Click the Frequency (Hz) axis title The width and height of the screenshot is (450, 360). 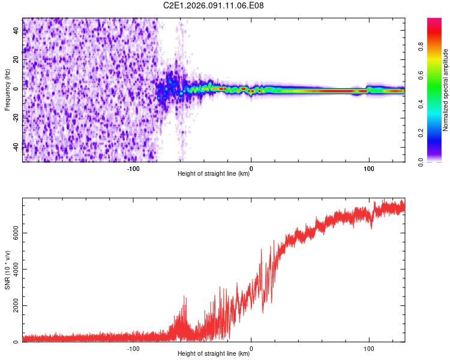click(x=7, y=90)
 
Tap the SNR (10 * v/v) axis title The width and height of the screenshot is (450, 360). click(x=7, y=270)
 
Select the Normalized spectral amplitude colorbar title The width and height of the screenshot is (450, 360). click(x=445, y=90)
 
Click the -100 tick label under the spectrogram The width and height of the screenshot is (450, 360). click(x=133, y=169)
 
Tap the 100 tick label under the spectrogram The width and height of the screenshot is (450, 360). click(x=368, y=169)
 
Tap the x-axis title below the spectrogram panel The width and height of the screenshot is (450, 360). click(x=214, y=174)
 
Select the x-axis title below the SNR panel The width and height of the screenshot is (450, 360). click(x=214, y=354)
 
